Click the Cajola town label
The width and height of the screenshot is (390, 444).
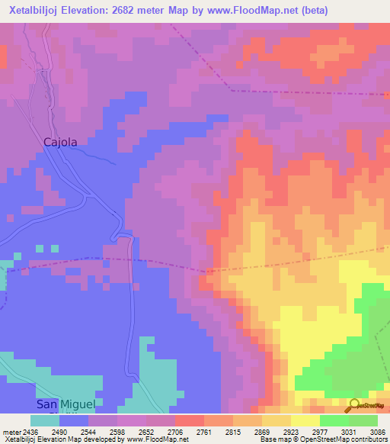coord(60,142)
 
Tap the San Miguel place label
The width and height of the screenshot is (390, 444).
coord(66,404)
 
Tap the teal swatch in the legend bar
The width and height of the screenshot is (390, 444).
coord(44,420)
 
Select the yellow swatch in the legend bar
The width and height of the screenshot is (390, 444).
coord(305,420)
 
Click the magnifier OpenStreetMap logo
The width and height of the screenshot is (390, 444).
coord(355,406)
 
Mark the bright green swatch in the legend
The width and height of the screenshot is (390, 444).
coord(334,420)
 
